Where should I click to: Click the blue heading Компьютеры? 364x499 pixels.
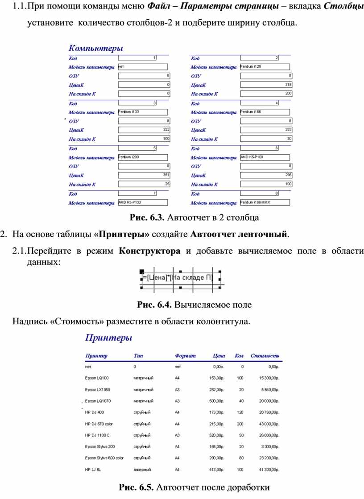point(95,48)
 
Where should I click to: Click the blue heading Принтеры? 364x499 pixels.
point(108,338)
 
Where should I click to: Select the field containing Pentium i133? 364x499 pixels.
point(143,112)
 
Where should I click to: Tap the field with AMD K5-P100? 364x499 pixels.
point(265,157)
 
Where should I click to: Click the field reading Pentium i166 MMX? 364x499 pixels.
point(265,202)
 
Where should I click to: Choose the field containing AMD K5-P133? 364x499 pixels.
point(143,202)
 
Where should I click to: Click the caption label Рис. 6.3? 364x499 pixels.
point(147,218)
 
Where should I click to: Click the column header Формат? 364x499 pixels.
point(185,356)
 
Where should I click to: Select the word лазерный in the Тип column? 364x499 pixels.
point(142,470)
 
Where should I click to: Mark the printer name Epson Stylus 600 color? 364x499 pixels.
point(104,458)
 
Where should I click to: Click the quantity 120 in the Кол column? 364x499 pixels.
point(240,412)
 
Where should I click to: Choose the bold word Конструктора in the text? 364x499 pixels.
point(150,251)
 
